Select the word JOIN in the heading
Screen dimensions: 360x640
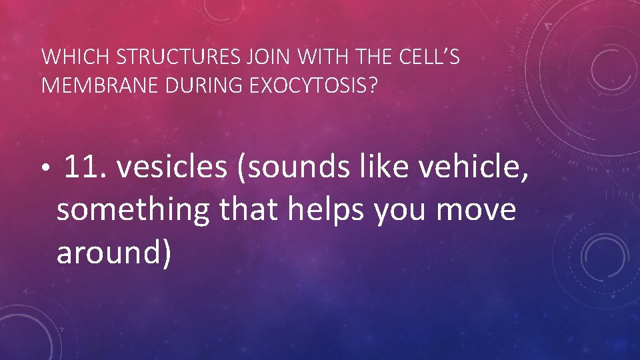[268, 58]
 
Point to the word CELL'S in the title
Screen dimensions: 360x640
[430, 58]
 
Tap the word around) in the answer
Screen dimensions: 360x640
[114, 253]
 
